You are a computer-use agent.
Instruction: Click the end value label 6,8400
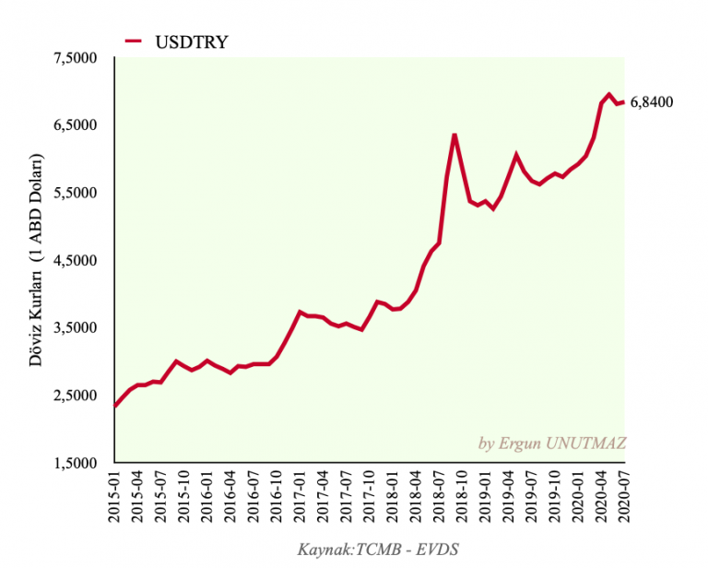pos(652,102)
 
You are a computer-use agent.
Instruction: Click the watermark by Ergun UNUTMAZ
pos(552,444)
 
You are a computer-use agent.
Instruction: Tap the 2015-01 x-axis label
pos(115,498)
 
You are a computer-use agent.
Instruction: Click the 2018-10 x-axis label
pos(460,498)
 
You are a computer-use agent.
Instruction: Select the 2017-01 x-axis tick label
pos(299,498)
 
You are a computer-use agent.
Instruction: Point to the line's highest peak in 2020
pos(609,94)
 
